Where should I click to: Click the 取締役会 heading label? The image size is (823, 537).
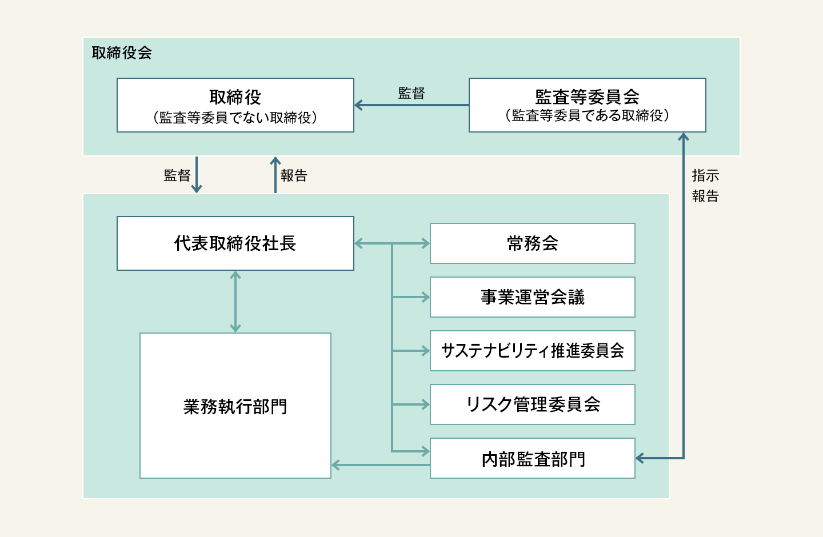[x=122, y=53]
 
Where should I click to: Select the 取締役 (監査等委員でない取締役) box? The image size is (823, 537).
[x=235, y=105]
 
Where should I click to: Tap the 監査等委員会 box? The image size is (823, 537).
[x=587, y=105]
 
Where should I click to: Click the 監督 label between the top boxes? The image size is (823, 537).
[x=411, y=93]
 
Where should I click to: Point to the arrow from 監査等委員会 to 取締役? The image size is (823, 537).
[x=411, y=105]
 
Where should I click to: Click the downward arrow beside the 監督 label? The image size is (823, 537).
[x=196, y=175]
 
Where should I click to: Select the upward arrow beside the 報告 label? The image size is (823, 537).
[x=275, y=174]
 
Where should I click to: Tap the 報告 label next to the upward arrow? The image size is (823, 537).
[x=294, y=175]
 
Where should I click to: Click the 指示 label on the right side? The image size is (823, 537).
[x=705, y=175]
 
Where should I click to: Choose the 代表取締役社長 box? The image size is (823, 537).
[x=235, y=243]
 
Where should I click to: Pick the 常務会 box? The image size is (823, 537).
[x=532, y=243]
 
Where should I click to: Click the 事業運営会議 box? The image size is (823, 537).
[x=532, y=297]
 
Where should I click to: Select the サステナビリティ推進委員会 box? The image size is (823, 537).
[x=532, y=351]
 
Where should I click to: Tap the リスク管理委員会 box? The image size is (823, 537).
[x=532, y=404]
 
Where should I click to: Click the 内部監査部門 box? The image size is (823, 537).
[x=532, y=459]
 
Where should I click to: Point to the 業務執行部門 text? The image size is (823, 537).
[x=235, y=407]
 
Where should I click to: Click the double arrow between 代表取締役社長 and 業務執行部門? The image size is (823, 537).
[x=235, y=302]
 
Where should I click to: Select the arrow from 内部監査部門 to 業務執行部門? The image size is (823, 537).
[x=380, y=466]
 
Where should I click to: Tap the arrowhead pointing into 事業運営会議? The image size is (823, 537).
[x=425, y=297]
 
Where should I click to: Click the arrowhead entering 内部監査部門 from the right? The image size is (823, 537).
[x=641, y=458]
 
